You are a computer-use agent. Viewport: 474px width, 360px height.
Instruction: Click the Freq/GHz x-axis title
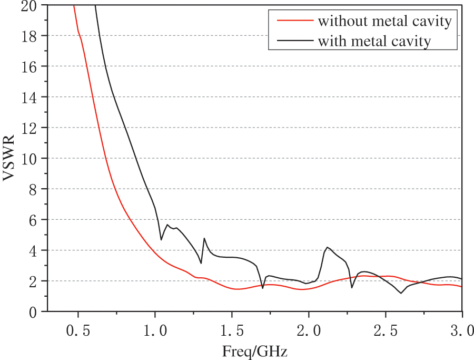pos(255,350)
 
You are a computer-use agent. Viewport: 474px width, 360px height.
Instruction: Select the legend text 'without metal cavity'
pos(384,22)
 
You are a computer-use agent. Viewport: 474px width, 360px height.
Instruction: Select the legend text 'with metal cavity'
pos(374,41)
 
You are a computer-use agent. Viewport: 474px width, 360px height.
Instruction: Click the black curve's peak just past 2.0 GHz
pos(327,247)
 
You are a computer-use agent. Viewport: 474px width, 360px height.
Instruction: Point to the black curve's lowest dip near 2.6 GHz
pos(401,293)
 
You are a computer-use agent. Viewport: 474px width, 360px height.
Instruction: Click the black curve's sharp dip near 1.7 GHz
pos(262,288)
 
